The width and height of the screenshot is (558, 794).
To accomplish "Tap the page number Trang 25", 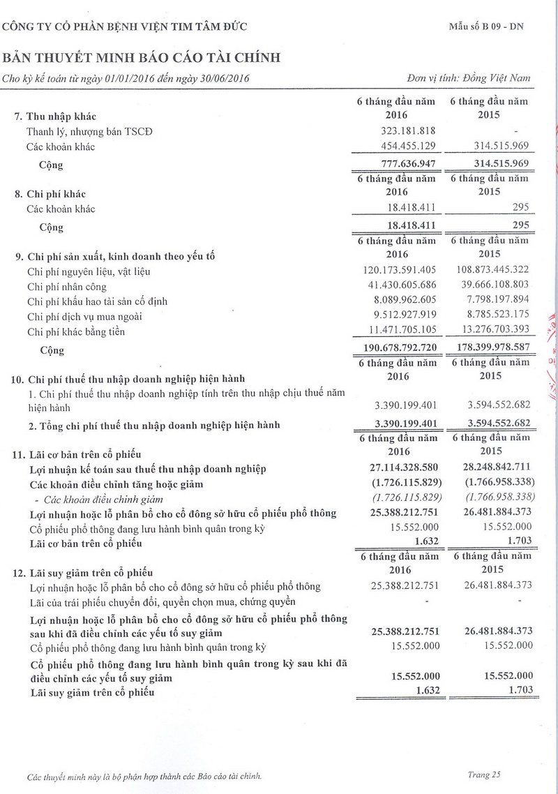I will (x=484, y=774).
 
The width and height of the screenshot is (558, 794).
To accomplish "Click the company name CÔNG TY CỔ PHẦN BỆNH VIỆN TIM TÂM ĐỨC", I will (x=125, y=27).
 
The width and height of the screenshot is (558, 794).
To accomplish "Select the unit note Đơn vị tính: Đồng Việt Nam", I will (x=468, y=77).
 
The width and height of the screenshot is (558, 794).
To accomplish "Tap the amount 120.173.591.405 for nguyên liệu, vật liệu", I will (x=400, y=271).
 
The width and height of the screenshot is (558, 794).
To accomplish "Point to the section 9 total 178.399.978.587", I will (x=490, y=348).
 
